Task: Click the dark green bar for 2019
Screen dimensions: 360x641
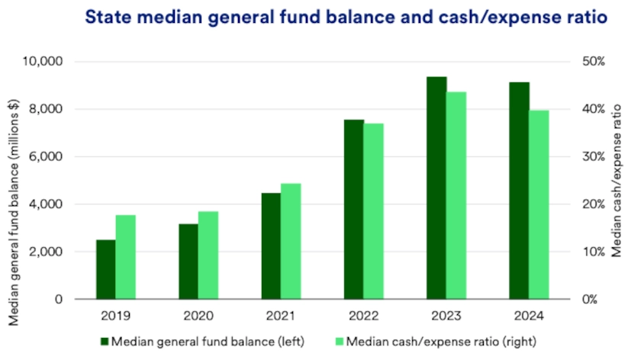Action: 106,269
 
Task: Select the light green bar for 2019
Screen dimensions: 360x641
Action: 126,257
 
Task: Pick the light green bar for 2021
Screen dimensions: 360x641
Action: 291,241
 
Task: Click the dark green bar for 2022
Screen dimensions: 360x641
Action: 353,209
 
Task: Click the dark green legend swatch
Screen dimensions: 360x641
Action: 105,340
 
